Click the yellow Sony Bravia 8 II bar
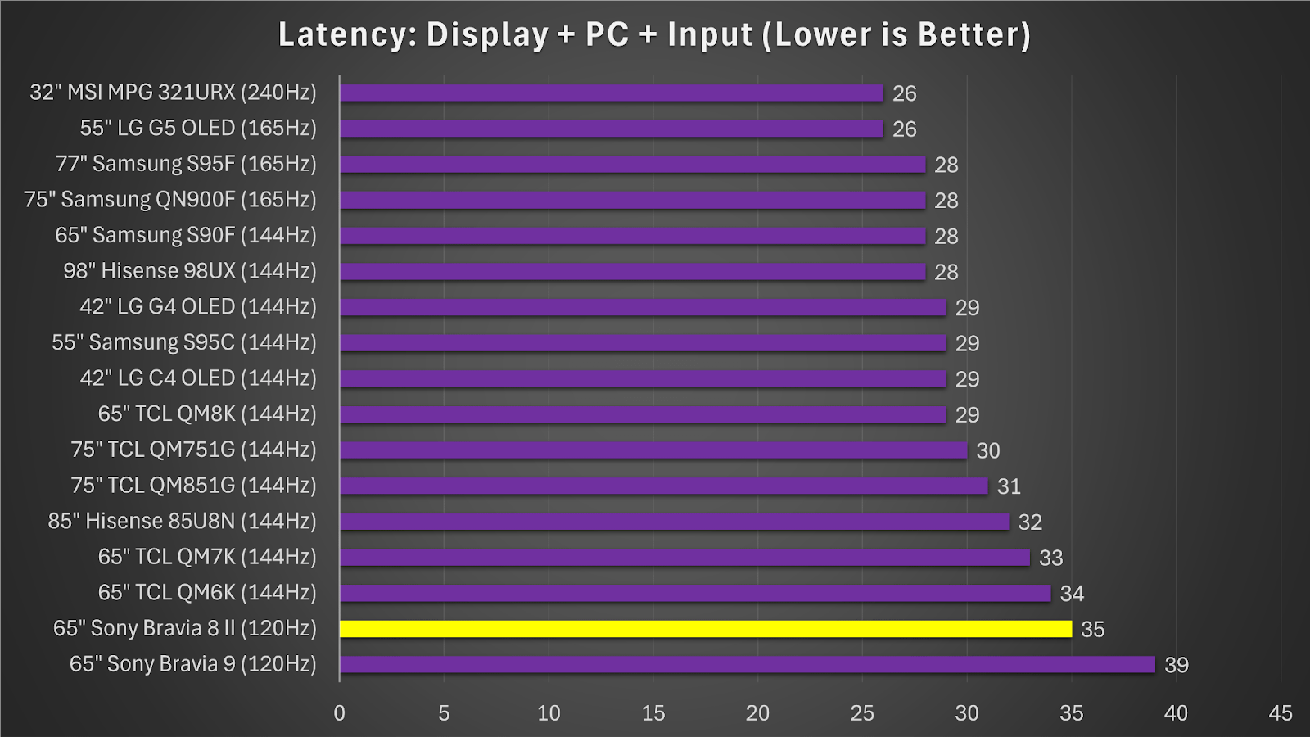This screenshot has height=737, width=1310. tap(705, 629)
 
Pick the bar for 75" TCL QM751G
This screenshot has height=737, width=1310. tap(653, 450)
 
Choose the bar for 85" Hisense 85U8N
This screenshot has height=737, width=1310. tap(674, 522)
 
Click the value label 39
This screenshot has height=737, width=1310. tap(1177, 665)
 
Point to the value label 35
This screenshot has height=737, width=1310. tap(1093, 629)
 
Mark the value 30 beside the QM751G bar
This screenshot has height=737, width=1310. tap(988, 450)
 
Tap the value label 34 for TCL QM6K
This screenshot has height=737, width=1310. tap(1072, 594)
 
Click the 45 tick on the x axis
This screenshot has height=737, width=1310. tap(1281, 713)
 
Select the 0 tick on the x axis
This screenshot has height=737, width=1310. tap(339, 713)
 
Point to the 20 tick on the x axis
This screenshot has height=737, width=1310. tap(757, 713)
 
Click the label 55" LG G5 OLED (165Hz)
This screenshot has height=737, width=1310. tap(198, 129)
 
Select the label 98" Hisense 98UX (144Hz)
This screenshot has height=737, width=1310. tap(190, 271)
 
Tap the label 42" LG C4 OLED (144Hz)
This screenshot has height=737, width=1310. tap(198, 378)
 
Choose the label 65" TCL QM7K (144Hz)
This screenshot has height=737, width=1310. tap(207, 557)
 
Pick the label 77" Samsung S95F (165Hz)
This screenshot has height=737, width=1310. tap(186, 164)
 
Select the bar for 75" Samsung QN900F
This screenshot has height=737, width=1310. tap(632, 201)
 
